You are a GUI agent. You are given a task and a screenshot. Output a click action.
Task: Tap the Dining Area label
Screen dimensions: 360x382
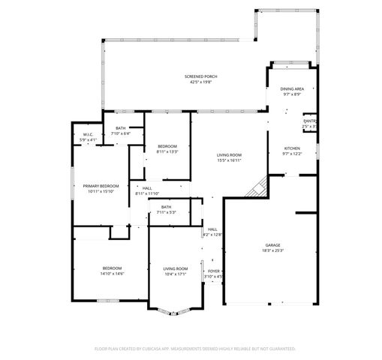(x=292, y=89)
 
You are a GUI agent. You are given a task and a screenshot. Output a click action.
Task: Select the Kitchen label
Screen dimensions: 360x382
(x=292, y=148)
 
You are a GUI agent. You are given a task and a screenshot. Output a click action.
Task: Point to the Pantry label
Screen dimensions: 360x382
(x=310, y=121)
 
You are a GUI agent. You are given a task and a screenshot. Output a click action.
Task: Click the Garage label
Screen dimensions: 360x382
(x=272, y=244)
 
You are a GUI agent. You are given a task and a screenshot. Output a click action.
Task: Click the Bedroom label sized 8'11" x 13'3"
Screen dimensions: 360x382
(x=167, y=145)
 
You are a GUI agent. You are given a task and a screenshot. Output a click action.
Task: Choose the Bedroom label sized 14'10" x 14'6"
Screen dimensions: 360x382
(x=113, y=268)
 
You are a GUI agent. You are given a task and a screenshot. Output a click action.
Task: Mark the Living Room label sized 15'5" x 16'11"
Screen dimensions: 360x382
(x=229, y=154)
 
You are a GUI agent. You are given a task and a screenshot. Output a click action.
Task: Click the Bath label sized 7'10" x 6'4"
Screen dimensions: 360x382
(x=120, y=128)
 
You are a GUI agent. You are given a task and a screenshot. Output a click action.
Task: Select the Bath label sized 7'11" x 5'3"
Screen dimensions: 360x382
(x=166, y=207)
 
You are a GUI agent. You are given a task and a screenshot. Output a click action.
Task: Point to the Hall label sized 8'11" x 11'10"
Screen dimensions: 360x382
(x=147, y=188)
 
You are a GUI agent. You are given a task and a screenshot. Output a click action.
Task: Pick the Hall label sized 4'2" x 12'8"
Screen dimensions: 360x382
(x=212, y=229)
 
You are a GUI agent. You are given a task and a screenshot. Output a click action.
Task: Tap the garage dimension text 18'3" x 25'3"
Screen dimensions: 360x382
(x=272, y=250)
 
